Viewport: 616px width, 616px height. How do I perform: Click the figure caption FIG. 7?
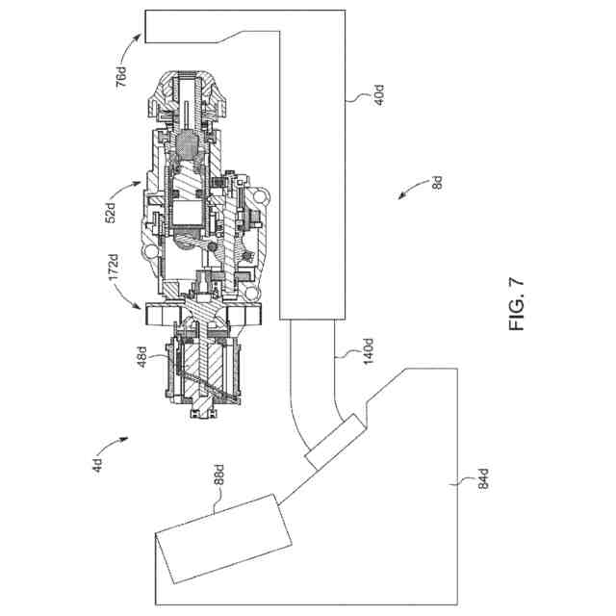click(516, 304)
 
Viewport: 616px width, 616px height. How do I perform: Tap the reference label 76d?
click(121, 77)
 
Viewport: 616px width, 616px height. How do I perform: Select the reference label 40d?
click(379, 94)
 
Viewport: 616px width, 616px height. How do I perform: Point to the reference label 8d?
click(437, 183)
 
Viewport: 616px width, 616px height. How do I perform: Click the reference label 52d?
click(112, 213)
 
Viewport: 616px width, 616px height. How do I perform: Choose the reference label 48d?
click(141, 357)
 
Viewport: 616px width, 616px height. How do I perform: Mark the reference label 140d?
click(368, 350)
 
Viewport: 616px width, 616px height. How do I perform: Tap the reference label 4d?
click(97, 466)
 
